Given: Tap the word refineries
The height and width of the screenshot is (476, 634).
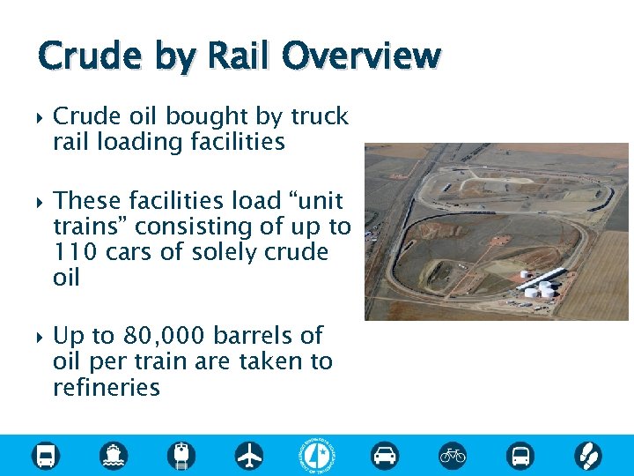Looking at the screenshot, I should pyautogui.click(x=107, y=387).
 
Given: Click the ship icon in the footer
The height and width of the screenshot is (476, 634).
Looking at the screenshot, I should pyautogui.click(x=114, y=456).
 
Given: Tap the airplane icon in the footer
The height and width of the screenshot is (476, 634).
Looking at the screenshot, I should pyautogui.click(x=249, y=456).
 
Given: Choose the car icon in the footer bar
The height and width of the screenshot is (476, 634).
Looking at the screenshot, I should pyautogui.click(x=385, y=456).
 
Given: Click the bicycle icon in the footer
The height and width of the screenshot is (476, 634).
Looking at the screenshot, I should pyautogui.click(x=453, y=456).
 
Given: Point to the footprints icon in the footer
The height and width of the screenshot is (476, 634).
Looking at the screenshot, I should pyautogui.click(x=587, y=456).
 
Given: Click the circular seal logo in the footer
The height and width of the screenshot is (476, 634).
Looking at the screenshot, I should pyautogui.click(x=317, y=455).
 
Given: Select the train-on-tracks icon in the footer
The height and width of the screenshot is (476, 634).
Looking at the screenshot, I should pyautogui.click(x=181, y=456).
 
